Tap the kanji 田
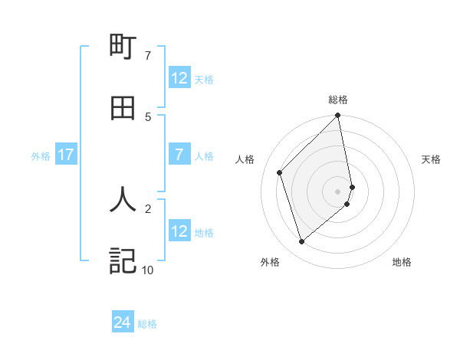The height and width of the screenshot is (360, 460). (123, 109)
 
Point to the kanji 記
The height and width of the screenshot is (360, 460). (123, 260)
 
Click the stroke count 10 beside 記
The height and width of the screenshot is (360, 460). (147, 270)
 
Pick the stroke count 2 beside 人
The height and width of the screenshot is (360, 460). (148, 207)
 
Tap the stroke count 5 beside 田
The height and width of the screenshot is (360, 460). (148, 116)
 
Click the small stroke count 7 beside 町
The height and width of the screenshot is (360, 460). (148, 55)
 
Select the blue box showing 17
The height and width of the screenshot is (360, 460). (66, 155)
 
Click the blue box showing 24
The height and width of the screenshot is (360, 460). (123, 323)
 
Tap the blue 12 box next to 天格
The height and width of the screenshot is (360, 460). (179, 78)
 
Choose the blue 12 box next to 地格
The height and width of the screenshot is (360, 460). (179, 231)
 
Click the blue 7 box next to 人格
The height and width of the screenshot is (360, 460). (179, 155)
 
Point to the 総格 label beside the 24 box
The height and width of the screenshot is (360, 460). (147, 324)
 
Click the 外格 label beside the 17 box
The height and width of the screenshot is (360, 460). (41, 155)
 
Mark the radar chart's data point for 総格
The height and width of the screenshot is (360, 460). (338, 116)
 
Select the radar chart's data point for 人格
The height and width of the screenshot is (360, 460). (280, 172)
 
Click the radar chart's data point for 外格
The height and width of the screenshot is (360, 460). (302, 242)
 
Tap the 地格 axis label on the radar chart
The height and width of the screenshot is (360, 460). (402, 262)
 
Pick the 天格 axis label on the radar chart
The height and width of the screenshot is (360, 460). (431, 159)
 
